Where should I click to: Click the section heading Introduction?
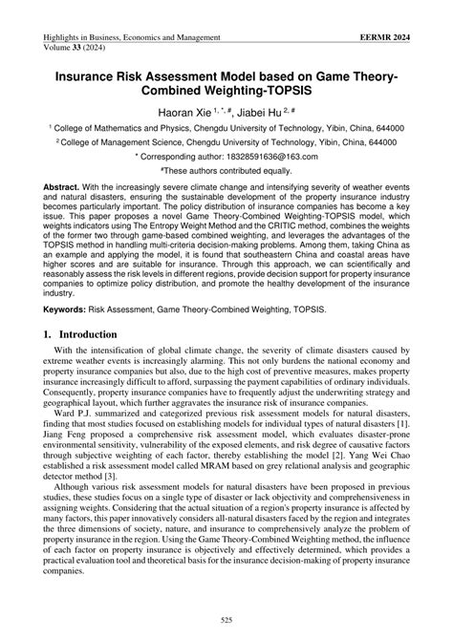coord(91,335)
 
